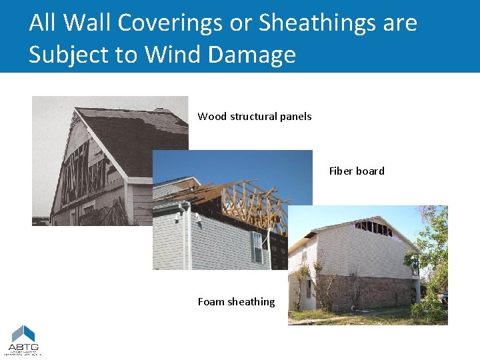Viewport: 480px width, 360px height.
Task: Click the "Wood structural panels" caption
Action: pyautogui.click(x=254, y=117)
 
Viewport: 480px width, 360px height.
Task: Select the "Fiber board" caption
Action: pyautogui.click(x=357, y=171)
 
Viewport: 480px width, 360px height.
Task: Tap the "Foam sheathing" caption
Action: pyautogui.click(x=236, y=302)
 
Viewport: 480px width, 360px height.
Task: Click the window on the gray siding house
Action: pyautogui.click(x=257, y=247)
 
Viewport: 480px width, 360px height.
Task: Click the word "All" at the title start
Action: pyautogui.click(x=41, y=23)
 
